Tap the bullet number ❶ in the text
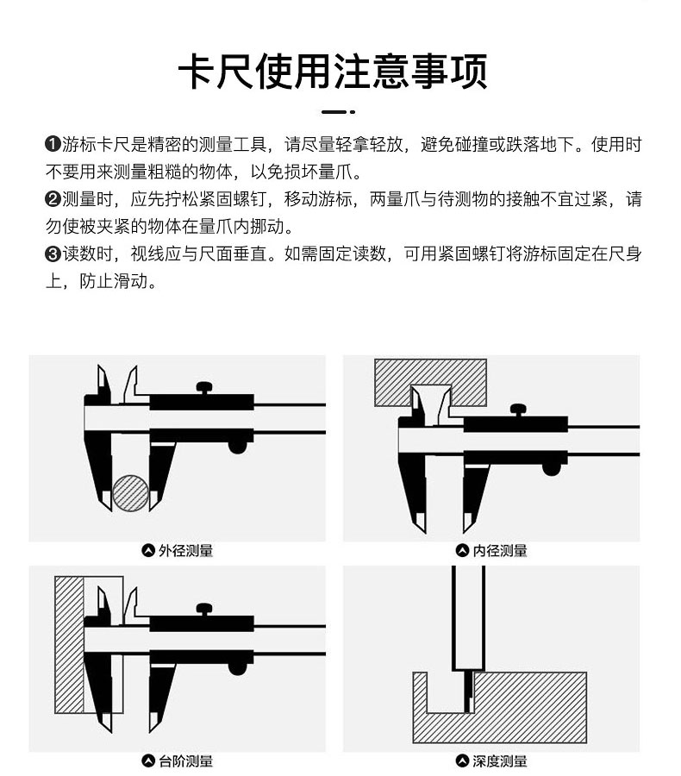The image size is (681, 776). [52, 144]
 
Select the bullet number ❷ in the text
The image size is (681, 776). [52, 199]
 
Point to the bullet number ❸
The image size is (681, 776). [52, 254]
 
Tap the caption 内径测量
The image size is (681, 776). [500, 550]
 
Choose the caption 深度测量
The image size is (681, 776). [500, 760]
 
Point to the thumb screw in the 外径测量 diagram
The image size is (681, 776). [205, 389]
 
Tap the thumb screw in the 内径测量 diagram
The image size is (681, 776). [519, 410]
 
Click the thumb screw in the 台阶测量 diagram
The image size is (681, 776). [205, 609]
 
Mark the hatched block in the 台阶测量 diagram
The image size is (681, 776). [69, 642]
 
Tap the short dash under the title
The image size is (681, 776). [333, 112]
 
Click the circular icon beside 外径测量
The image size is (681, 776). [147, 550]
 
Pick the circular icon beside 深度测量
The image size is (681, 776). [462, 760]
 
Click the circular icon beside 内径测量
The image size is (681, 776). [462, 550]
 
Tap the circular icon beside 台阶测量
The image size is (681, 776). [147, 760]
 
